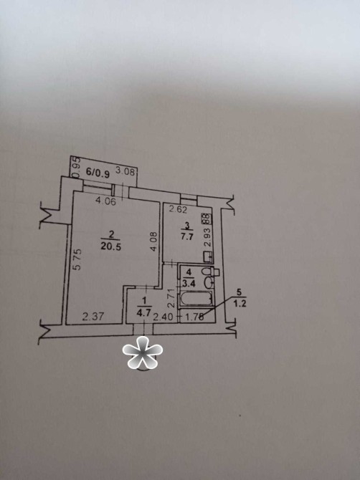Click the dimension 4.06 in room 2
105,201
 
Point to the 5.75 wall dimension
78,259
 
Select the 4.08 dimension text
153,241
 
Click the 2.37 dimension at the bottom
93,316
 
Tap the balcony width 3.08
125,172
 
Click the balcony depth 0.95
77,167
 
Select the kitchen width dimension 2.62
179,210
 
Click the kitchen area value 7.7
186,236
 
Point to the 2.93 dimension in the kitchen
208,237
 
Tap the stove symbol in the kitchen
207,219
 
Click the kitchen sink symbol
208,256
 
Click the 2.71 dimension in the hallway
171,298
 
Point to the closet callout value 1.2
240,304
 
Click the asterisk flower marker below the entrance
143,352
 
